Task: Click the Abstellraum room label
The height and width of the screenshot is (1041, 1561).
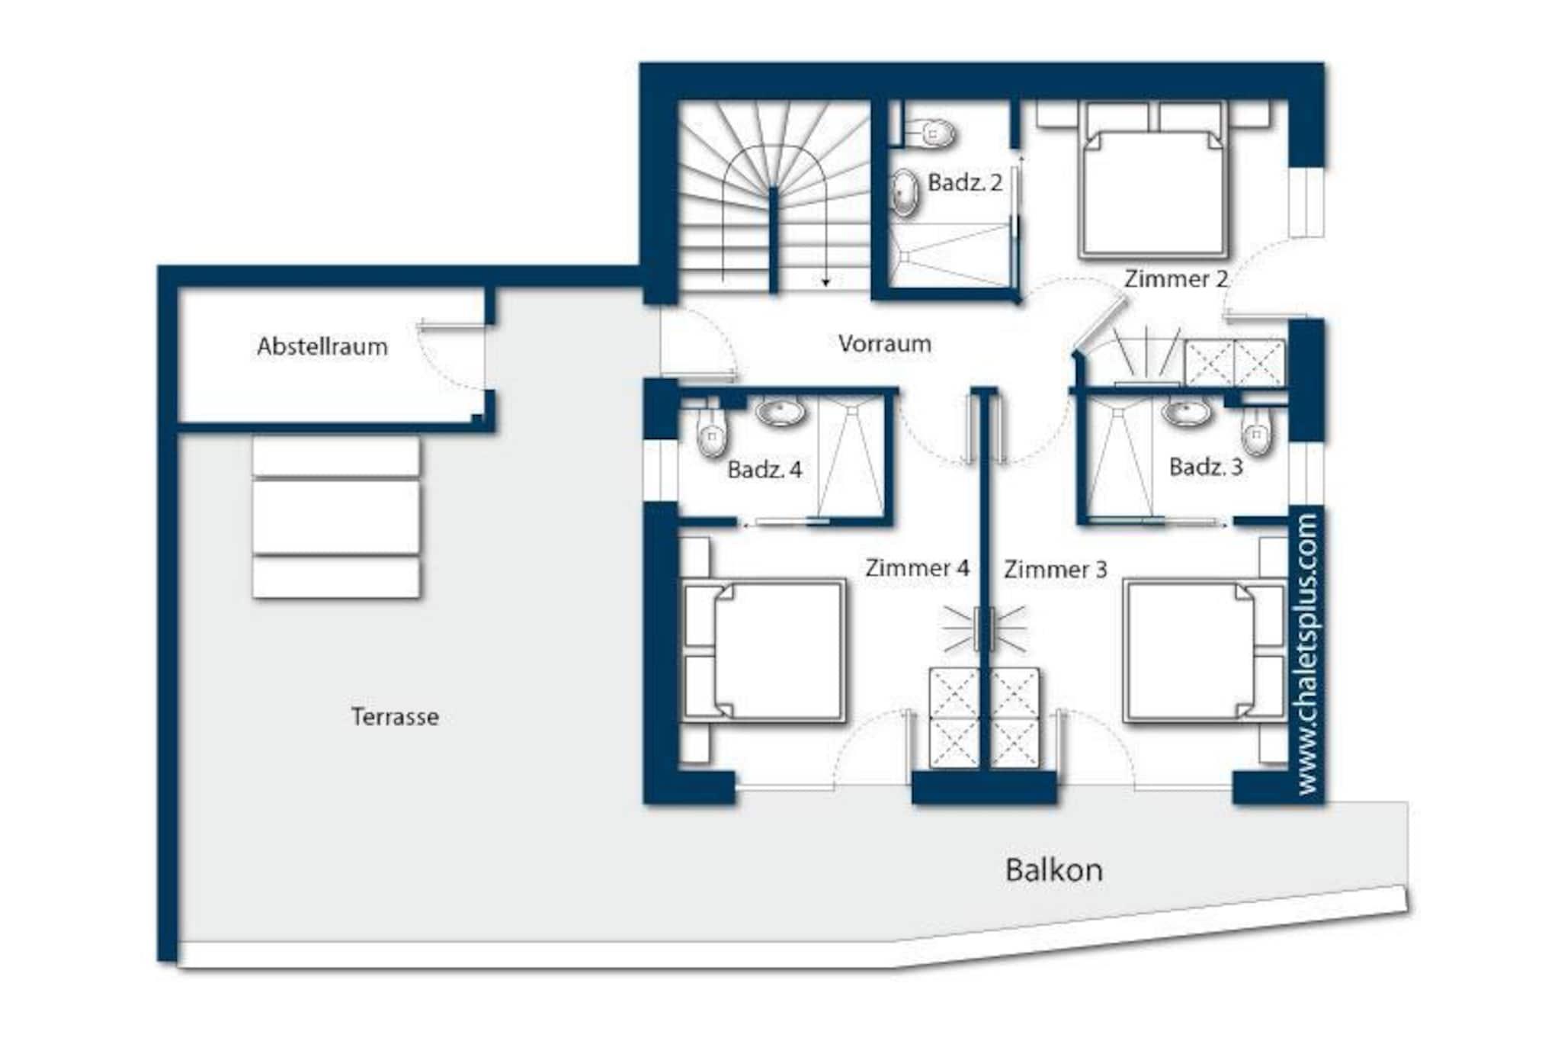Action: pos(322,347)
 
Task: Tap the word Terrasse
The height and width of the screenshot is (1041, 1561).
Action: pos(395,717)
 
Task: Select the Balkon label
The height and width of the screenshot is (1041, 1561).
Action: pos(1053,870)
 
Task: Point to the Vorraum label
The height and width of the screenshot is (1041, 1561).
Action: pos(885,344)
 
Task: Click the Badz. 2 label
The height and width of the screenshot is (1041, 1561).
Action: pos(964,182)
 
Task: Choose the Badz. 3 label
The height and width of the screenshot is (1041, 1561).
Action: pos(1206,467)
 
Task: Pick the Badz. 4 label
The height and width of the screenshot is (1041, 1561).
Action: pos(764,470)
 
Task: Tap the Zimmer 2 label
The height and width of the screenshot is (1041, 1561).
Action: pos(1176,279)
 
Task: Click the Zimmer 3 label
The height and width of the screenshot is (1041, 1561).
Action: pos(1055,570)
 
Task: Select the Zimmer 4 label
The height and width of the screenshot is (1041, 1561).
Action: pos(917,568)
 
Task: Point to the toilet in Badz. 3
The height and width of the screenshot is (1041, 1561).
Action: pos(1256,432)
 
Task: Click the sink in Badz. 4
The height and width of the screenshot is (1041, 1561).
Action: pos(780,413)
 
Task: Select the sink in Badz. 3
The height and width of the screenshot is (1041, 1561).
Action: pos(1186,413)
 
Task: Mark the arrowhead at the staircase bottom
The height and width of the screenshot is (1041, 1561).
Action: pos(825,282)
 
